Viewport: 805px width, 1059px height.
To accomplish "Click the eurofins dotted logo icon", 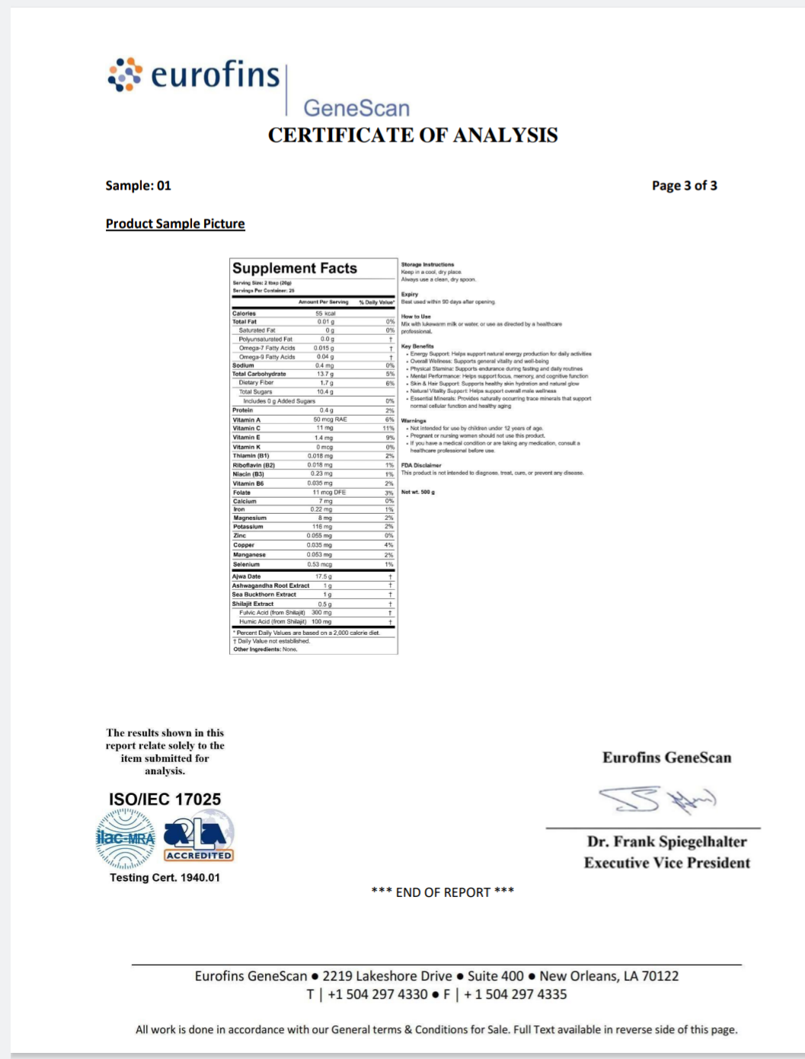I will coord(125,75).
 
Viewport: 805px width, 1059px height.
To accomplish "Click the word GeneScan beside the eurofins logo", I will coord(356,108).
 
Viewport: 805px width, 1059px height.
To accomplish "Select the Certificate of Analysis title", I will coord(413,136).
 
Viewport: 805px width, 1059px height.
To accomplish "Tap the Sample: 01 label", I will coord(138,186).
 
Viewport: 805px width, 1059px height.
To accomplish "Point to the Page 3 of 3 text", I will coord(684,186).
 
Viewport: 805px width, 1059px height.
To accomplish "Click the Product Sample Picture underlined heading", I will coord(175,224).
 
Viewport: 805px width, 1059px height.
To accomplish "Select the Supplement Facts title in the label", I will coord(295,269).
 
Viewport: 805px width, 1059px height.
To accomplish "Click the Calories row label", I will coord(244,314).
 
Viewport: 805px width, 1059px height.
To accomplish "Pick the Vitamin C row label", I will coord(247,429).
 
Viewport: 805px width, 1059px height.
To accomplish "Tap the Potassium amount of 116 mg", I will coord(322,527).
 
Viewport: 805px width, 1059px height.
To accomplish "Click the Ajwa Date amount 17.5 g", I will coord(324,576).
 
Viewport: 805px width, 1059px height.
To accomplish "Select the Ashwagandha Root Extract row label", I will coord(271,585).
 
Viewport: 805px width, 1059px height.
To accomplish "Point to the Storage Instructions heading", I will coord(427,265).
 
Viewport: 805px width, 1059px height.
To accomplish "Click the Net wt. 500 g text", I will coord(418,493).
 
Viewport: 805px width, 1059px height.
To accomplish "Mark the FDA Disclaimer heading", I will coord(421,465).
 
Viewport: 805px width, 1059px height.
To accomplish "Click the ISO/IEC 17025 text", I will coord(165,799).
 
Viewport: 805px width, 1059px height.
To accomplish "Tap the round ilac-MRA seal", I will coord(126,839).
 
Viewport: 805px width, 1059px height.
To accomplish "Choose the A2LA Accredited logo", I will coord(199,841).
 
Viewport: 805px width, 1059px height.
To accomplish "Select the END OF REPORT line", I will coord(442,892).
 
